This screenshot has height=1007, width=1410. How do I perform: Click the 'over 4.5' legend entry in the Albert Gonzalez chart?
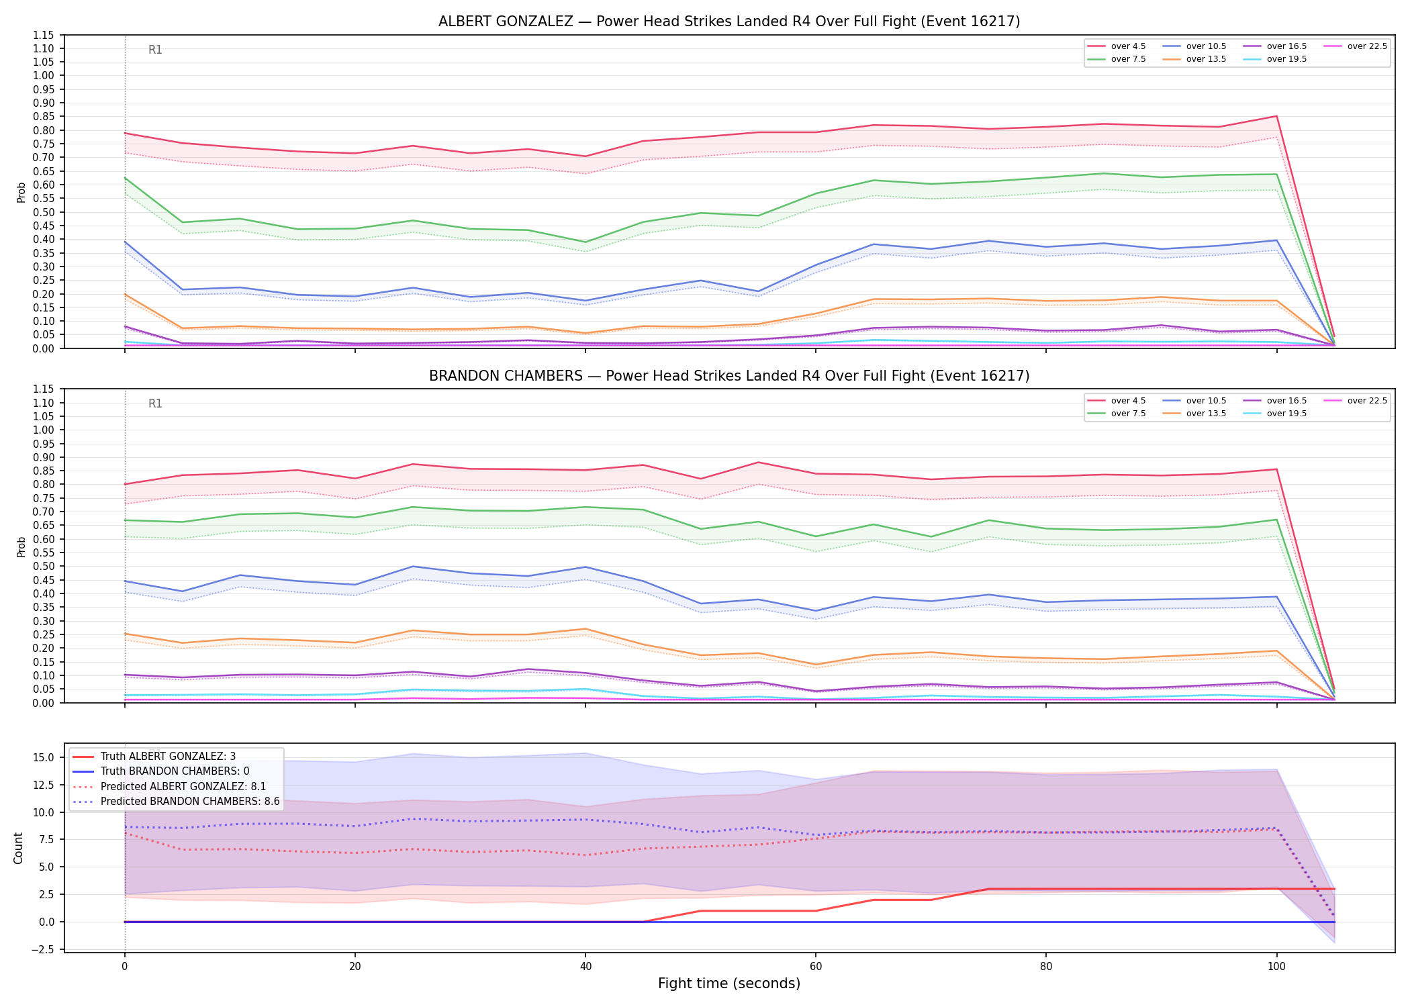[1117, 46]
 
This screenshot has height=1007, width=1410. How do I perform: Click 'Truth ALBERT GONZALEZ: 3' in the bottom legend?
[153, 757]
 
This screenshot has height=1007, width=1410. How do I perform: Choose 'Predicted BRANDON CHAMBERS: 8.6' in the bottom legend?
[175, 801]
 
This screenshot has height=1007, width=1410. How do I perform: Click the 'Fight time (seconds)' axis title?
[729, 984]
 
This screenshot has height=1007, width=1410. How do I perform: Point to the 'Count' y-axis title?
[18, 848]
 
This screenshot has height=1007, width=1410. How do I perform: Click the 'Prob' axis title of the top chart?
[21, 192]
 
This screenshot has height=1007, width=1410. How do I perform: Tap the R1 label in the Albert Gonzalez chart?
[155, 50]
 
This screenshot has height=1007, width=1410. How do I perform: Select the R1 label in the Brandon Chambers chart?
[155, 403]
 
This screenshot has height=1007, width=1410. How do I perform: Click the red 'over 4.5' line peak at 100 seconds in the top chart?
[1276, 116]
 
